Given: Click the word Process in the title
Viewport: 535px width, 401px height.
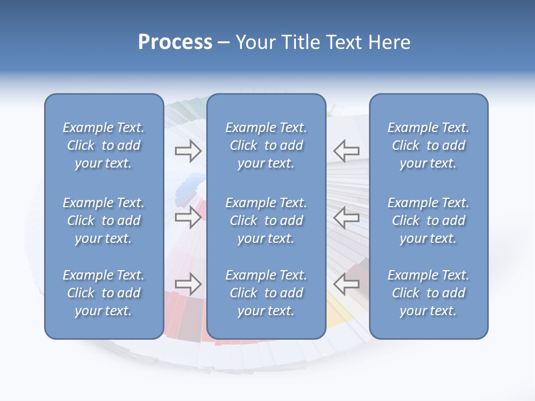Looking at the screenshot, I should [175, 42].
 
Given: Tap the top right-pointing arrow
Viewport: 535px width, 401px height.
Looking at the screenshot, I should [188, 151].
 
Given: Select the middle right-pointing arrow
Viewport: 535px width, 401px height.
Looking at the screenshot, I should [188, 217].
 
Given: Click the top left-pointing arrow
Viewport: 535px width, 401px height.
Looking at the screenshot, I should [346, 151].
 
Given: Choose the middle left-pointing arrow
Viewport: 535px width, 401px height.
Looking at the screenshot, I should [346, 217].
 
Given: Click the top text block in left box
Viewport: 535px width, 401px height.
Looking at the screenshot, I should [104, 145].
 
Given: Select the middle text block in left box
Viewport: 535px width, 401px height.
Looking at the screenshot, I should [104, 221].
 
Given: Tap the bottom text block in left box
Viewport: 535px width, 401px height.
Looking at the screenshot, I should [104, 293].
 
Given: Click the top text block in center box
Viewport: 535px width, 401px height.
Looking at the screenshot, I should [266, 145].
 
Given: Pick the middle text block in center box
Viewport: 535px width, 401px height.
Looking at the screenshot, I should [266, 221].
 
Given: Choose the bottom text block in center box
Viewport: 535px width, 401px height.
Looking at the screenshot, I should [266, 293].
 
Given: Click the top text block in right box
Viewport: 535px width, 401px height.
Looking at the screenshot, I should [428, 145].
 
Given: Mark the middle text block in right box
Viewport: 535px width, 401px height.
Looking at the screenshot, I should [428, 221].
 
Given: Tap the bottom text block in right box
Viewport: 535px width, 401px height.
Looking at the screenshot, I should [428, 293].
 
